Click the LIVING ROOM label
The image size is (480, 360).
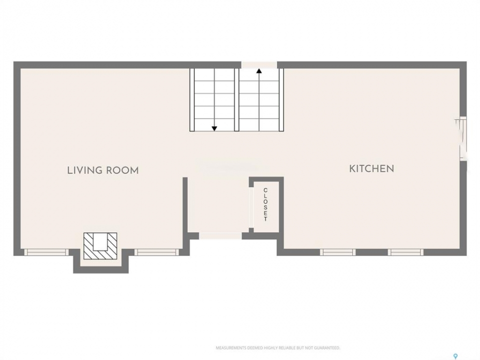tap(103, 170)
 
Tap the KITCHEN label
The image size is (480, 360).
tap(371, 168)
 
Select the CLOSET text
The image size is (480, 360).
tap(265, 204)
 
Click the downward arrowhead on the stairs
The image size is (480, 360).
tap(214, 128)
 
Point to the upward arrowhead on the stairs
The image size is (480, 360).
tap(259, 71)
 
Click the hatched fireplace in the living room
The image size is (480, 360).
tap(100, 246)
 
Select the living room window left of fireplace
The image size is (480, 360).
tap(46, 252)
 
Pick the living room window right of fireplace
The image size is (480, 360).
tap(156, 252)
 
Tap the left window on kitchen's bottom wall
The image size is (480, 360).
tap(338, 252)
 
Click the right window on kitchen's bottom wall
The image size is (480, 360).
tap(405, 252)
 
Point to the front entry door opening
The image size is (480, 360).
tap(220, 235)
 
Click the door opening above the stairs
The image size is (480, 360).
tap(259, 65)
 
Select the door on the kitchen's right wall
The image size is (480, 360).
tap(462, 138)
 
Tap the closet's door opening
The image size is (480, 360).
tap(251, 207)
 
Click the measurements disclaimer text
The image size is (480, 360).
tap(278, 348)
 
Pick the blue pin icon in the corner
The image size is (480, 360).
tap(455, 356)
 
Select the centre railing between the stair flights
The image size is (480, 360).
tap(236, 100)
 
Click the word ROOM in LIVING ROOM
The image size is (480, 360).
tap(122, 170)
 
